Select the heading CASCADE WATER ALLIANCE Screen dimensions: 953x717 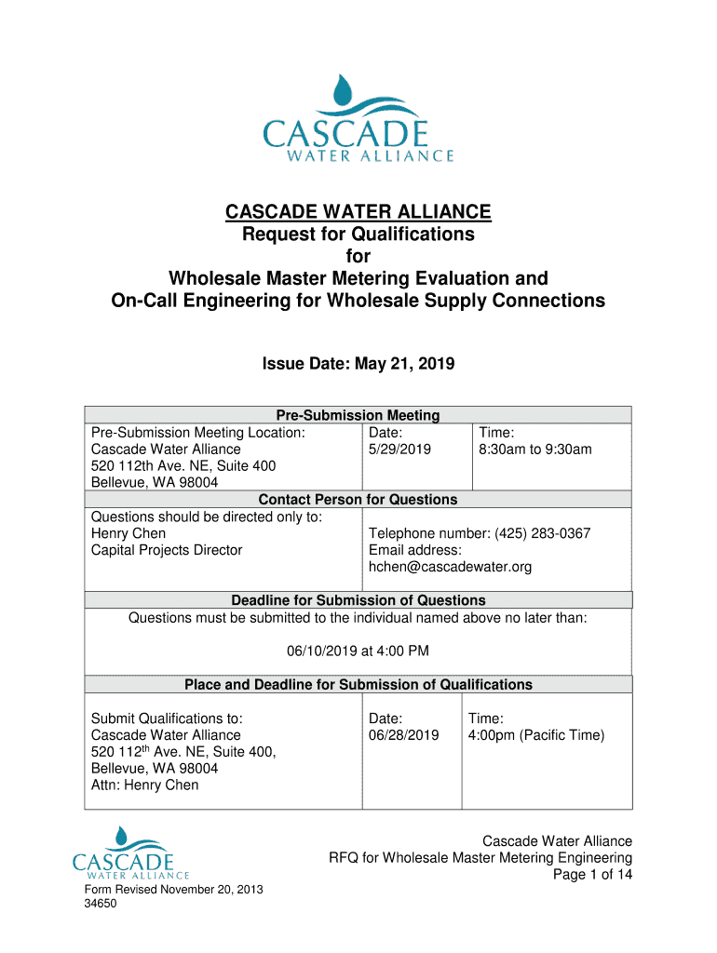[x=358, y=213]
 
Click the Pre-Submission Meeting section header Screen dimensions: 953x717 [x=358, y=416]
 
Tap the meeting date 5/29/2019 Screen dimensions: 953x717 [x=399, y=450]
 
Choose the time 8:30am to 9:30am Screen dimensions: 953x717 [x=535, y=450]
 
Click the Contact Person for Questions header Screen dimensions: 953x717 [x=358, y=500]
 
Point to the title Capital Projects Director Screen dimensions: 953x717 [x=167, y=550]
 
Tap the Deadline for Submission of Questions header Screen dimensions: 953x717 [x=358, y=600]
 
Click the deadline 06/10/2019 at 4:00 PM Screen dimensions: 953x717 [x=358, y=651]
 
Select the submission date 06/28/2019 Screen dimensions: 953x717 [x=403, y=735]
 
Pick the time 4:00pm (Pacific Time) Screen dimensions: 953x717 [x=536, y=735]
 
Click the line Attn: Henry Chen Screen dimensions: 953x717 [x=144, y=785]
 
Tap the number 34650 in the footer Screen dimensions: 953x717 [x=100, y=904]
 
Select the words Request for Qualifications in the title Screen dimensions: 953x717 [x=358, y=235]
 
